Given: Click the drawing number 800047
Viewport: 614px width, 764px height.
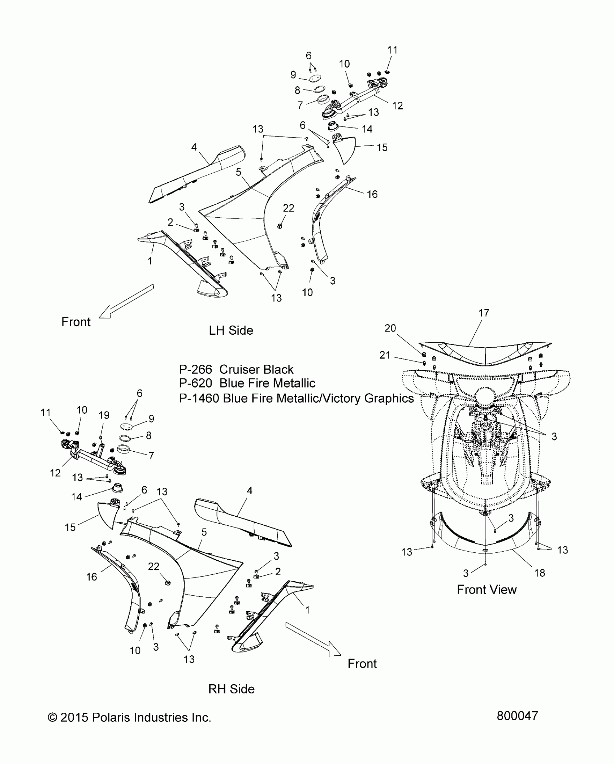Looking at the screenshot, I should [517, 715].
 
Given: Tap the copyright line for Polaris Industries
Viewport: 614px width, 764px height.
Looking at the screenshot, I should [129, 717].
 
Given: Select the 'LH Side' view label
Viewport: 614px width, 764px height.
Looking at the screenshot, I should [231, 330].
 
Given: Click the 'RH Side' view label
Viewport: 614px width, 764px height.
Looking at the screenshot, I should [231, 689].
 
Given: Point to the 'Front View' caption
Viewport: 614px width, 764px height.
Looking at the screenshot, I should [487, 590].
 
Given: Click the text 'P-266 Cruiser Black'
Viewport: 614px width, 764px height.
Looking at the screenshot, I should [236, 369].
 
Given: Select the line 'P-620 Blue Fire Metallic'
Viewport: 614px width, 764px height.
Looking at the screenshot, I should [247, 383].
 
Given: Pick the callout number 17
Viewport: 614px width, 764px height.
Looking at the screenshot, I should [484, 313].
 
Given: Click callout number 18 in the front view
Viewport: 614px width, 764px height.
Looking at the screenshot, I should [540, 573].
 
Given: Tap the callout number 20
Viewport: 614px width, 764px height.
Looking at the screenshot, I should [390, 328].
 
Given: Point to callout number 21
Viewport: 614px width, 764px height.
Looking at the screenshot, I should [385, 355].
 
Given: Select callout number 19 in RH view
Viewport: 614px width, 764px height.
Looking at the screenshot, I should [104, 415].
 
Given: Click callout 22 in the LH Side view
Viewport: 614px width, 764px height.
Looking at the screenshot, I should [288, 208].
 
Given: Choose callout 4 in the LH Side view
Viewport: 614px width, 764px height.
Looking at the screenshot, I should [194, 147].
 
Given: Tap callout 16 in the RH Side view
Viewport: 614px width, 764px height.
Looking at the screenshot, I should [92, 577].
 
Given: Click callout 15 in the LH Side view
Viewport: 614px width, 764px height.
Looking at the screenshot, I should [382, 147].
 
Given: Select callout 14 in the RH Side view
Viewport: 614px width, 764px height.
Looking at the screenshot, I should [77, 497].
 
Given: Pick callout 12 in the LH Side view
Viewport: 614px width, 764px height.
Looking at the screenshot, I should [397, 106].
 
